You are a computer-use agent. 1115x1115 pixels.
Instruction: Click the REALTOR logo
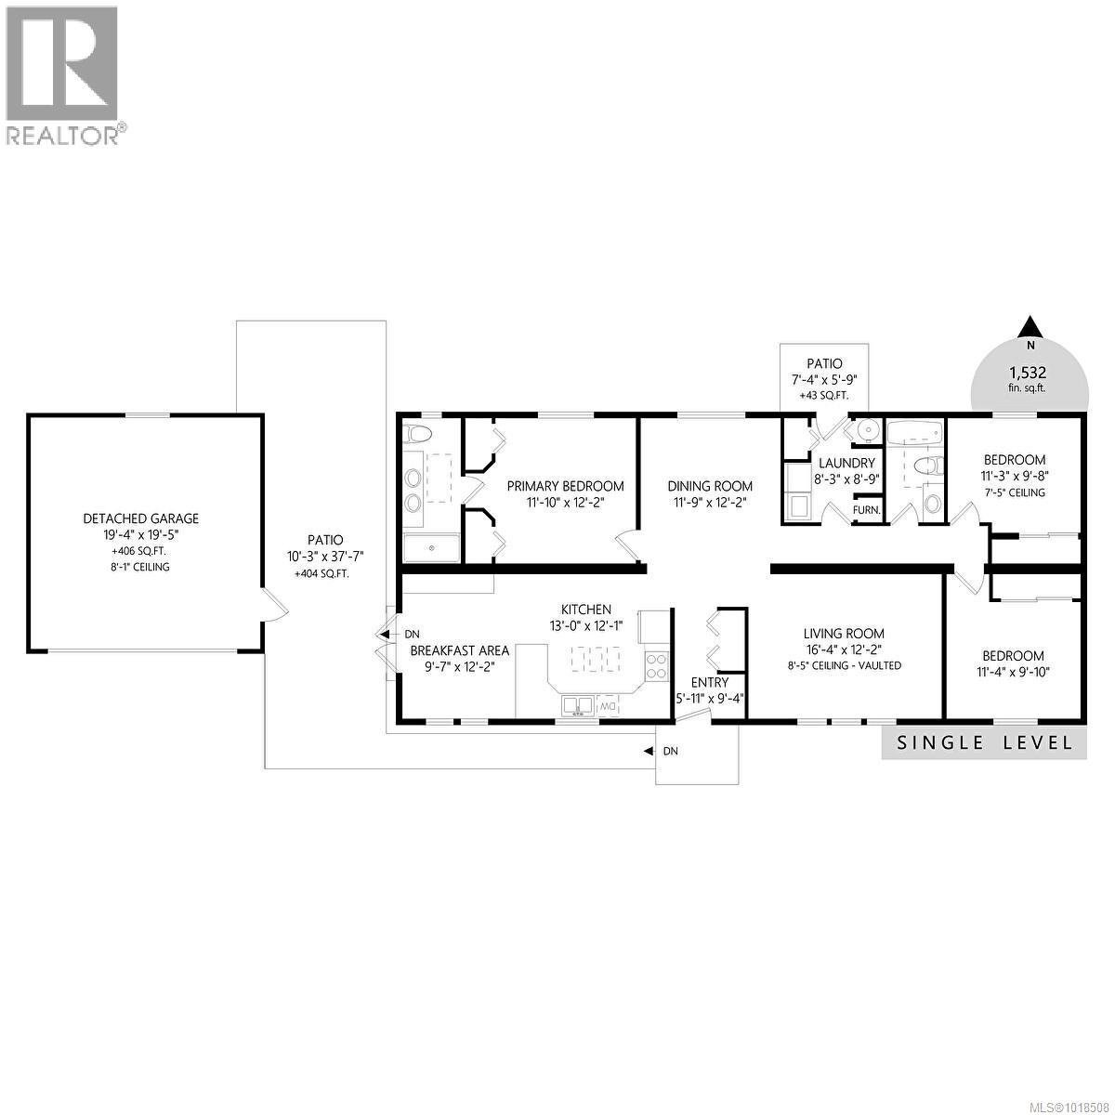tap(62, 74)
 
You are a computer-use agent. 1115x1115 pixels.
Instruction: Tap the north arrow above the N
tap(1029, 327)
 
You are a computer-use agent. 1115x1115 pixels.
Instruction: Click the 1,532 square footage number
tap(1029, 373)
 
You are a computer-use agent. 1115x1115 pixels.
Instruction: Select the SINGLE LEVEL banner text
tap(984, 742)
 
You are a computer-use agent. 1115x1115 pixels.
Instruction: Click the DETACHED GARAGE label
tap(141, 518)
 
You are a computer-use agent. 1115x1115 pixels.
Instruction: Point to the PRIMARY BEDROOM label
tap(565, 486)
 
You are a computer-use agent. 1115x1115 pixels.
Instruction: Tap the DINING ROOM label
tap(710, 486)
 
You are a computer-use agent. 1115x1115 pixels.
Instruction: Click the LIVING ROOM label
tap(843, 634)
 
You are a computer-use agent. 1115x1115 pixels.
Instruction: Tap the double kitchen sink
tap(577, 707)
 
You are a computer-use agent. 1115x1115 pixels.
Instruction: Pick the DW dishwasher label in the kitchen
tap(609, 707)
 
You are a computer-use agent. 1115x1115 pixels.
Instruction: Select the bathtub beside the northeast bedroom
tap(914, 432)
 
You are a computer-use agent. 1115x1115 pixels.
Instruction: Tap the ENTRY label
tap(710, 683)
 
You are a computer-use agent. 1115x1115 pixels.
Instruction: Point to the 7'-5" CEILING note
tap(1015, 492)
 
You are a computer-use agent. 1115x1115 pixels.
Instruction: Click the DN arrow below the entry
tap(650, 751)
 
